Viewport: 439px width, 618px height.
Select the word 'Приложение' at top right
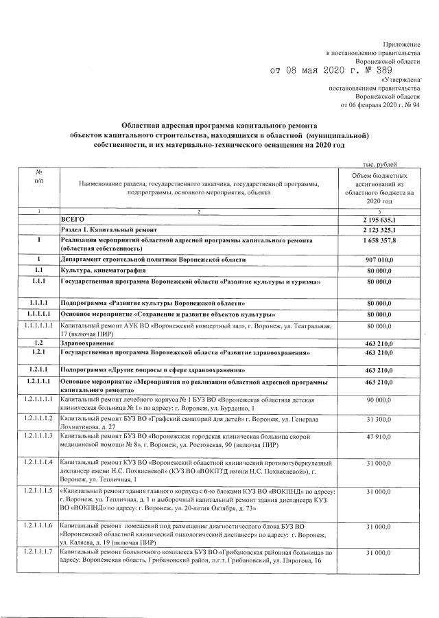tap(400, 43)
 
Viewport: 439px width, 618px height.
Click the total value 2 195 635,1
tap(384, 218)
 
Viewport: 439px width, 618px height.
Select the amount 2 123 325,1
tap(384, 229)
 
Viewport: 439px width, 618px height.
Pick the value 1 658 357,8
tap(384, 242)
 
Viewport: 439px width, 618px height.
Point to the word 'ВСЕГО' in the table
tap(73, 218)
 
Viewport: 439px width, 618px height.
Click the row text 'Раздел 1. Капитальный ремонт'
tap(109, 229)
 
